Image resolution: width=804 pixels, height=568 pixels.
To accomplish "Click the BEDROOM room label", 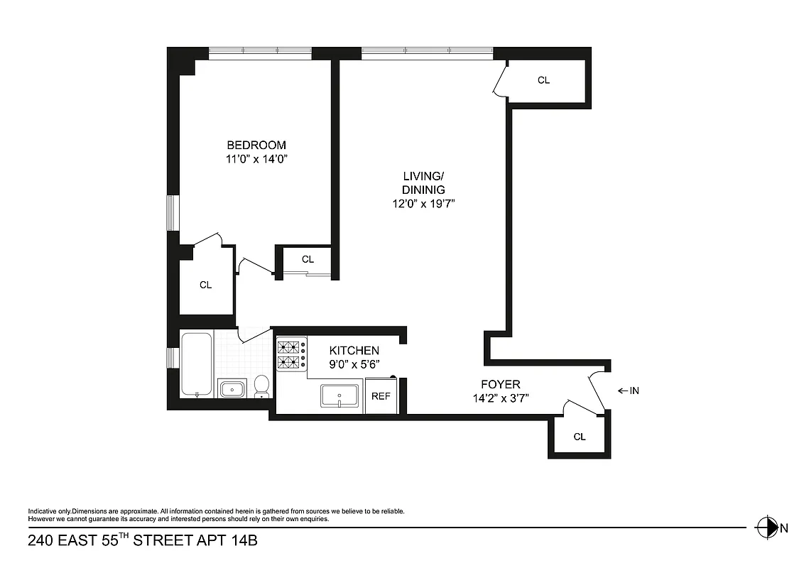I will [x=256, y=145].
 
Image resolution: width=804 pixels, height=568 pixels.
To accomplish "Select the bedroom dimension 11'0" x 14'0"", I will [x=256, y=159].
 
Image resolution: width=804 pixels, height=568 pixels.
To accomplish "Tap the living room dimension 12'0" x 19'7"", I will [x=424, y=204].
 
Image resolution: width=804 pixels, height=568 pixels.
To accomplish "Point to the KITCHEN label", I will [x=354, y=351].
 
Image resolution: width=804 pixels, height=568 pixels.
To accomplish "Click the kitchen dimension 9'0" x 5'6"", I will [x=354, y=364].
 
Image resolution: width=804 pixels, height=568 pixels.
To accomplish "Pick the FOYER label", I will [x=501, y=385].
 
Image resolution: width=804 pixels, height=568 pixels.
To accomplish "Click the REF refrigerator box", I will [x=381, y=396].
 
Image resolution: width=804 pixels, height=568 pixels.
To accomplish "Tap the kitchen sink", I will [x=341, y=395].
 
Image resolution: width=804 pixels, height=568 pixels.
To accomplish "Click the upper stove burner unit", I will [x=289, y=347].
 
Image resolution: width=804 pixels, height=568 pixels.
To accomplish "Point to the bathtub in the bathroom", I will [x=196, y=364].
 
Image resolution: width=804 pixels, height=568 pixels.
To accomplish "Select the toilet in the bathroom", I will [x=261, y=386].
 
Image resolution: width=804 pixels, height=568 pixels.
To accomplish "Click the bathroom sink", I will [x=232, y=389].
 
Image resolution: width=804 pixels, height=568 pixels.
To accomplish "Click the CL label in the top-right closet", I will [x=543, y=80].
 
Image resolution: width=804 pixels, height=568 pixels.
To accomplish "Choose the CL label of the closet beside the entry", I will [x=580, y=437].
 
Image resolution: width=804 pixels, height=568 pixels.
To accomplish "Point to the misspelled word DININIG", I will [x=424, y=190].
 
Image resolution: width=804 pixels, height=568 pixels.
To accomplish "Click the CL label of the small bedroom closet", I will [x=308, y=259].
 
